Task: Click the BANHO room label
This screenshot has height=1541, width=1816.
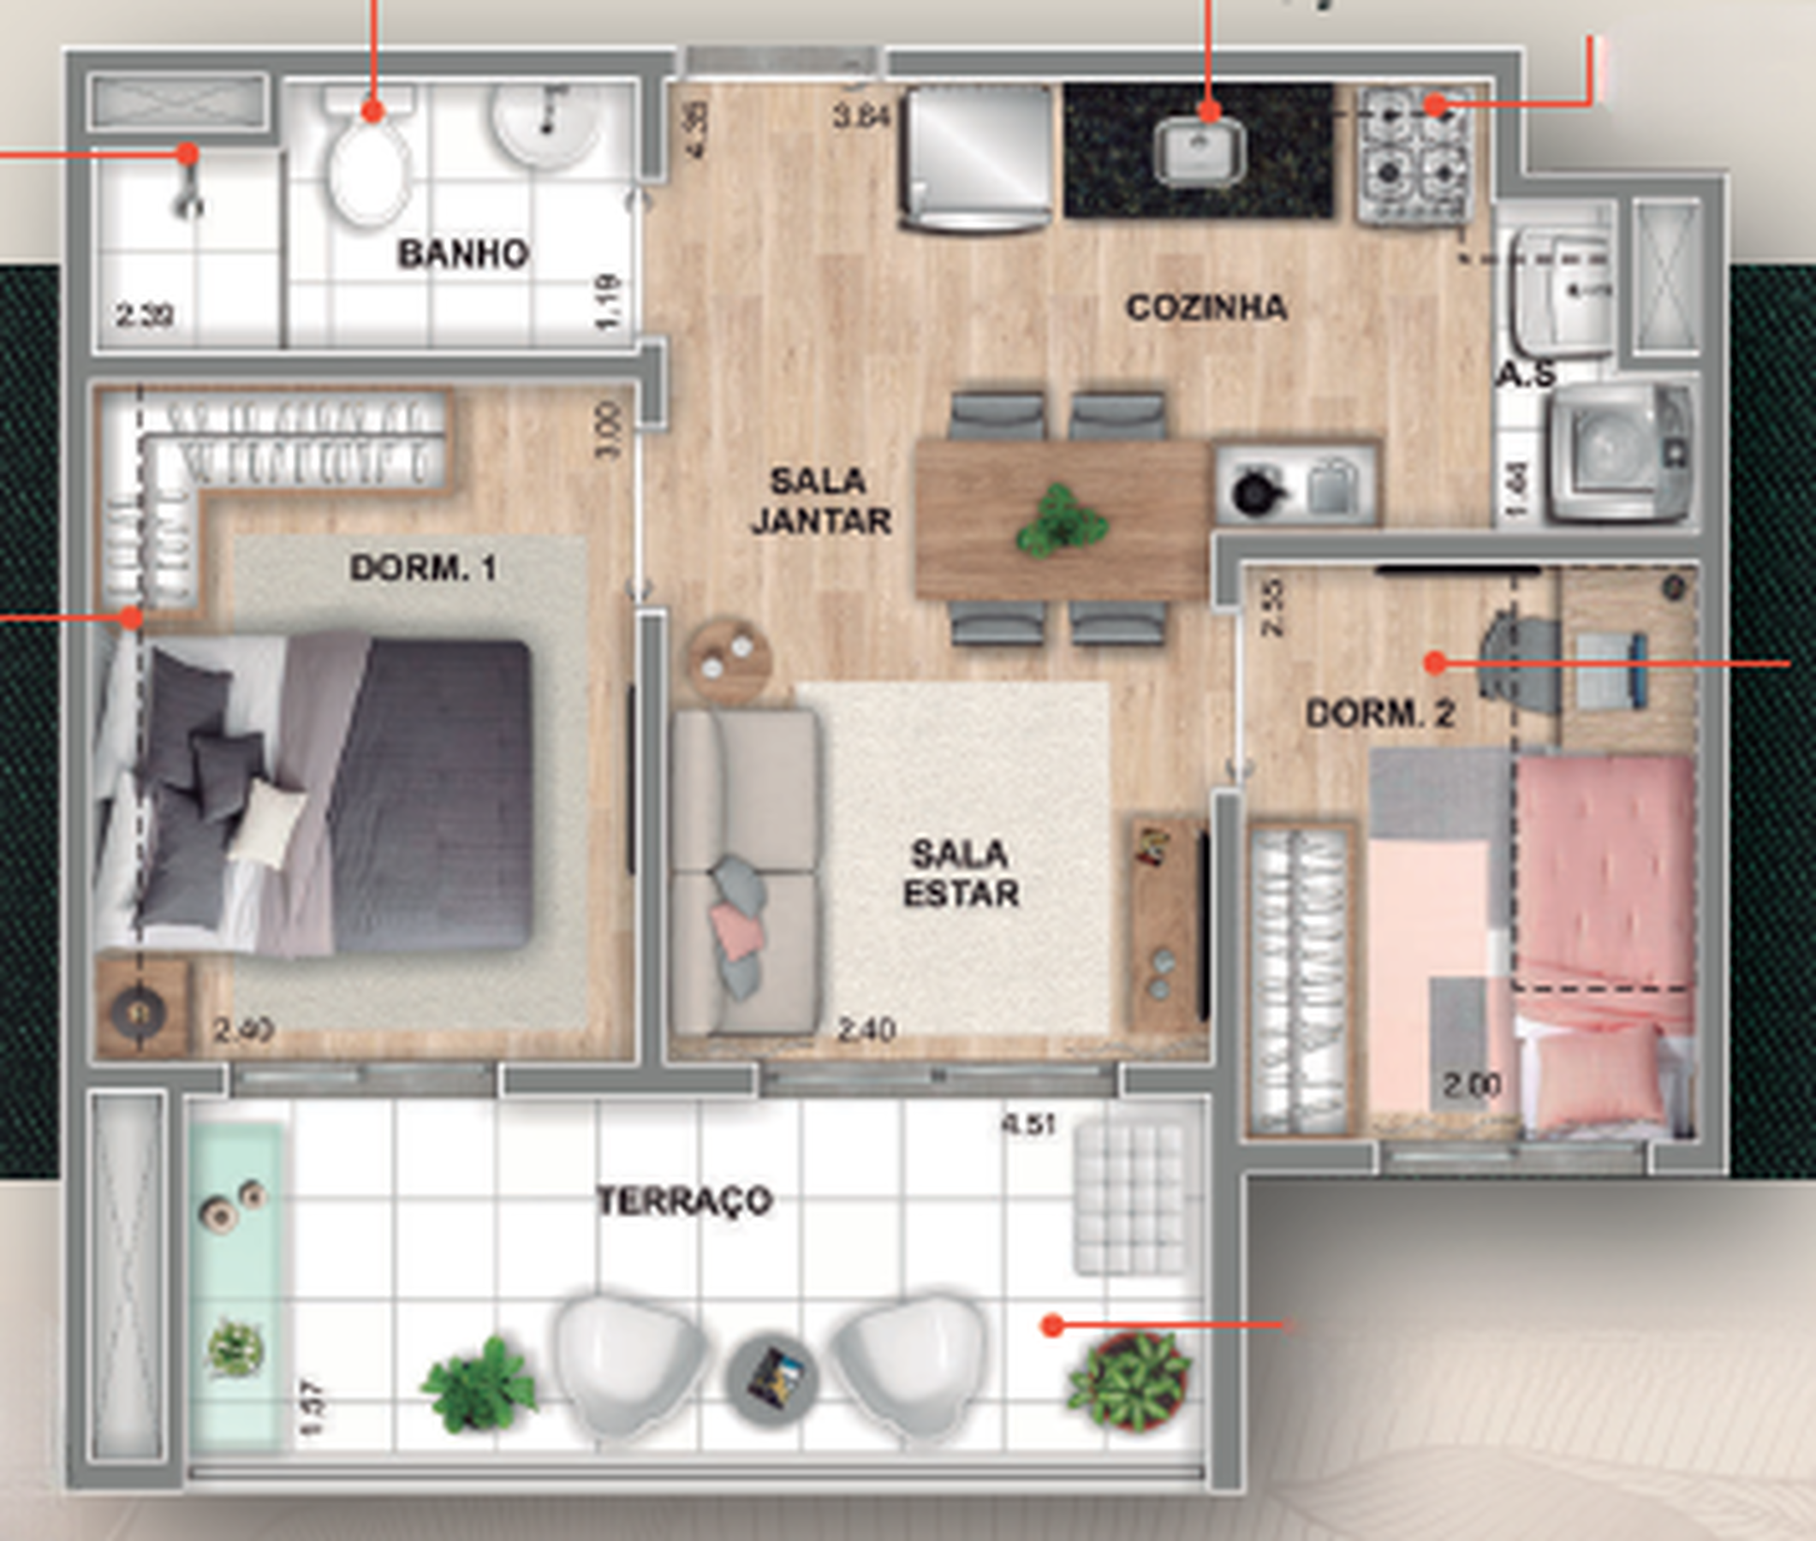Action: pos(463,254)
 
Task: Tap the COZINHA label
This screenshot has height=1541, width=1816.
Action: pos(1206,307)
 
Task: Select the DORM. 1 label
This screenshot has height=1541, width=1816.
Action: pos(424,568)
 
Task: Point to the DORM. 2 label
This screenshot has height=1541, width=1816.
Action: pos(1380,715)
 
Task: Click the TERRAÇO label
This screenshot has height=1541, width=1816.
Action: pos(685,1200)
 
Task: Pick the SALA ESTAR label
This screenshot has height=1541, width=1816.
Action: pos(960,873)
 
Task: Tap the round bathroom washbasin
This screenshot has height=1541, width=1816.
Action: pos(546,123)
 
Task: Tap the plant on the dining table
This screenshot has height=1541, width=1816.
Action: pos(1061,521)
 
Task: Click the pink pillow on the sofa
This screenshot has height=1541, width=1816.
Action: pos(735,931)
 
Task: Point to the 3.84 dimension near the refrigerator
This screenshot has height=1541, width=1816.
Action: pos(860,116)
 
